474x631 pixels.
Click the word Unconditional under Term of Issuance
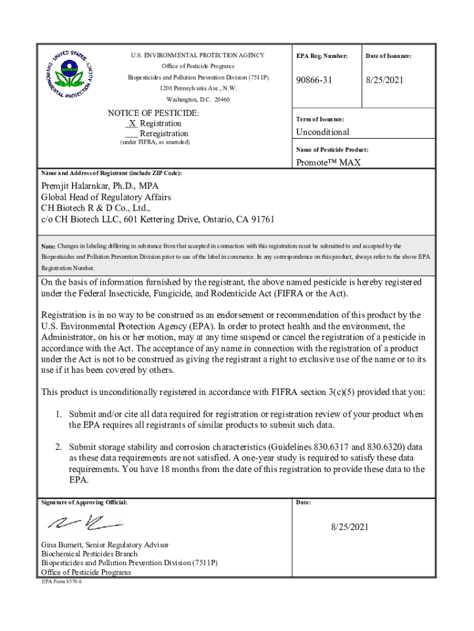point(323,132)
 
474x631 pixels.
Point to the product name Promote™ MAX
point(328,163)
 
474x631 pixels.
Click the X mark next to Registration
point(132,123)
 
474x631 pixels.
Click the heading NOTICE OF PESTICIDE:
point(153,113)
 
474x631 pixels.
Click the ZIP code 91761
point(261,219)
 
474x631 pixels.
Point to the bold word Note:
point(49,246)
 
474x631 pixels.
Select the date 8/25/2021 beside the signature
point(349,527)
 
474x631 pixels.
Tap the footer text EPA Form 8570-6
point(62,581)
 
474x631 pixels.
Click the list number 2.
point(56,447)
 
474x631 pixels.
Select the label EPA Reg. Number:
point(321,56)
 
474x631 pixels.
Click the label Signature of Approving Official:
point(84,502)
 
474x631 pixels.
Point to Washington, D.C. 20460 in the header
point(198,100)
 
